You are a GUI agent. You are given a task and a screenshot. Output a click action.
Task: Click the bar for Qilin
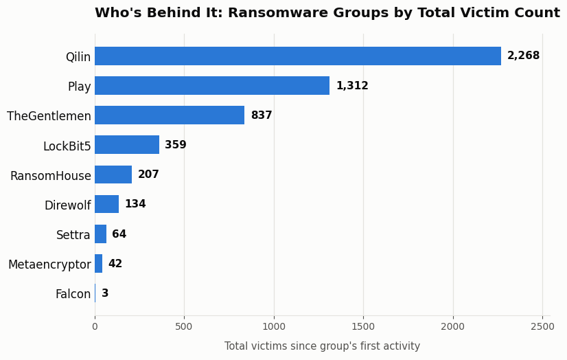(298, 56)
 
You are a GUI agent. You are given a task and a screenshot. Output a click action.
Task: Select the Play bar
(212, 86)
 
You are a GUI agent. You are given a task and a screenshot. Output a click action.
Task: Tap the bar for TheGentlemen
(170, 115)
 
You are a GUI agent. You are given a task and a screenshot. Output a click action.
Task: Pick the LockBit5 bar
(127, 145)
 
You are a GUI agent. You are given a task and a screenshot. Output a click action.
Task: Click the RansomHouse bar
(113, 175)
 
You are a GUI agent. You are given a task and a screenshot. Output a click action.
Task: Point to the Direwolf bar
(107, 204)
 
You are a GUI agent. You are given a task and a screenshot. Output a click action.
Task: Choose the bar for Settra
(100, 234)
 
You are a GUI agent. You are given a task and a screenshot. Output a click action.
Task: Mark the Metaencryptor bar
(99, 263)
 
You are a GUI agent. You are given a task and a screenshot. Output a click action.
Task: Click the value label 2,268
(523, 56)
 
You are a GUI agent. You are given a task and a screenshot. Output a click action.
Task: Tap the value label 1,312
(352, 86)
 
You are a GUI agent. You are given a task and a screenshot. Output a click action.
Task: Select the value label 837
(262, 115)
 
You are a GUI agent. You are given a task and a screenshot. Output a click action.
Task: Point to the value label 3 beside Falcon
(105, 293)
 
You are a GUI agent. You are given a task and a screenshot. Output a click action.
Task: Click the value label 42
(115, 263)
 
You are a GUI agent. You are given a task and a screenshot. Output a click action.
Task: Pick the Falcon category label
(73, 294)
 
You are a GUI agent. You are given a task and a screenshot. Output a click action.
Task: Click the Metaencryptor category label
(49, 265)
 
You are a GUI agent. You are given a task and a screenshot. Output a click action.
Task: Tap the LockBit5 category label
(67, 146)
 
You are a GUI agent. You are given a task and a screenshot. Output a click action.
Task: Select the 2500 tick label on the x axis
(542, 327)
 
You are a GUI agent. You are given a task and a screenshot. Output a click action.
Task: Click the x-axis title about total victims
(322, 346)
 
